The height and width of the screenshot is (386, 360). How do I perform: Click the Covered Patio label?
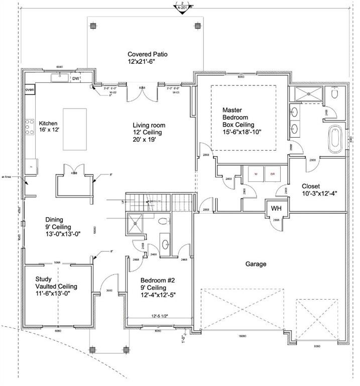coord(147,58)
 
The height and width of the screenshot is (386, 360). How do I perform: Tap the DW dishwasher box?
coord(76,78)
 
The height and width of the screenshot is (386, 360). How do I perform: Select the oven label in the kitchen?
coord(29,89)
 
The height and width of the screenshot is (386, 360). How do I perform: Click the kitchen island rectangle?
coord(74,129)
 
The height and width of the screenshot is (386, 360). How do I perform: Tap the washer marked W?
coord(256,175)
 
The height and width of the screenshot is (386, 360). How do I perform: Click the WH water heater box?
coord(276,208)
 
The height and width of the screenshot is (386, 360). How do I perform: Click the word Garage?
coord(256,264)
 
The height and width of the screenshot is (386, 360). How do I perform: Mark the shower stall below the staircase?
coord(136,224)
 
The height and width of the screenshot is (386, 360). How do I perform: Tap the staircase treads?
coord(158,203)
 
